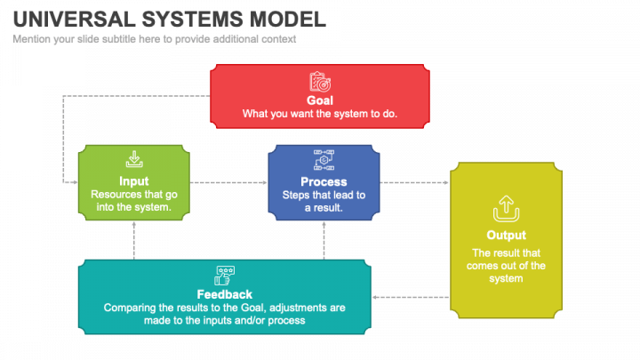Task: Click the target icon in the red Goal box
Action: [320, 82]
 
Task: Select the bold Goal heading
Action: [320, 100]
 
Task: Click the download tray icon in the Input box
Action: [133, 160]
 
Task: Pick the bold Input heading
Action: [133, 181]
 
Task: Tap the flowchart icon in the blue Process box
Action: [324, 161]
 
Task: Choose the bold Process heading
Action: [324, 182]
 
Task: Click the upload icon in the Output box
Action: [505, 209]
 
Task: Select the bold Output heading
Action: [505, 236]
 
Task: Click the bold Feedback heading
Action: [224, 294]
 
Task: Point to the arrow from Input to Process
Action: [228, 182]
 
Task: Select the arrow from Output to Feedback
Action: [410, 297]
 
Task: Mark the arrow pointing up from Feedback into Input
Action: [133, 240]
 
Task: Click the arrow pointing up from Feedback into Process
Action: [324, 240]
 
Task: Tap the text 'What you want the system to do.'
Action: [320, 114]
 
